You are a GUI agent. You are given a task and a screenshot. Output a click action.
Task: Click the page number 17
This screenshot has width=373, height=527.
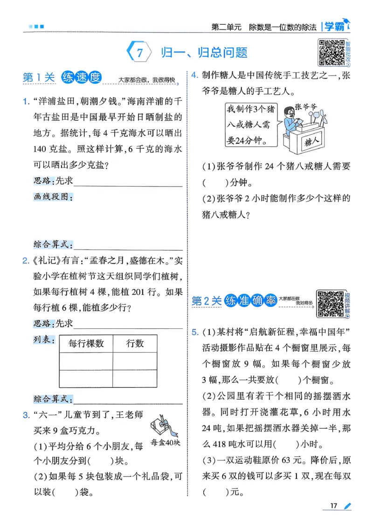333,506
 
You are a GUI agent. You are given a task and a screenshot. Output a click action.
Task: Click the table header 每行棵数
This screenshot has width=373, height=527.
86,344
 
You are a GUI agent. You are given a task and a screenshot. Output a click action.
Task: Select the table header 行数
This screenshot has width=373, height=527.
135,344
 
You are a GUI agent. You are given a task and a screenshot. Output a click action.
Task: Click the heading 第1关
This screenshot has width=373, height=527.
39,78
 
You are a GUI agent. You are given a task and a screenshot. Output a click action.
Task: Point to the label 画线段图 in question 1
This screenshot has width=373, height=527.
53,197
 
